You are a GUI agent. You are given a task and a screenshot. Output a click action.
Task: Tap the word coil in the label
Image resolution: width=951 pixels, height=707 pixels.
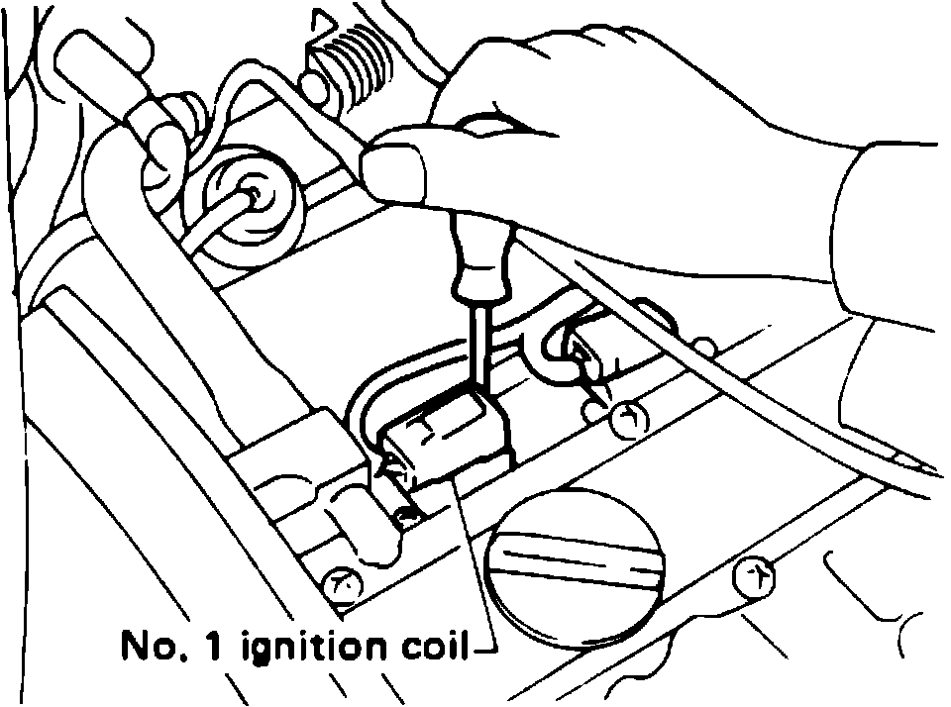(x=433, y=648)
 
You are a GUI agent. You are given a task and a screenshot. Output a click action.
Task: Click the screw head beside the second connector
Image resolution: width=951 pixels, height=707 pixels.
(x=625, y=418)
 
